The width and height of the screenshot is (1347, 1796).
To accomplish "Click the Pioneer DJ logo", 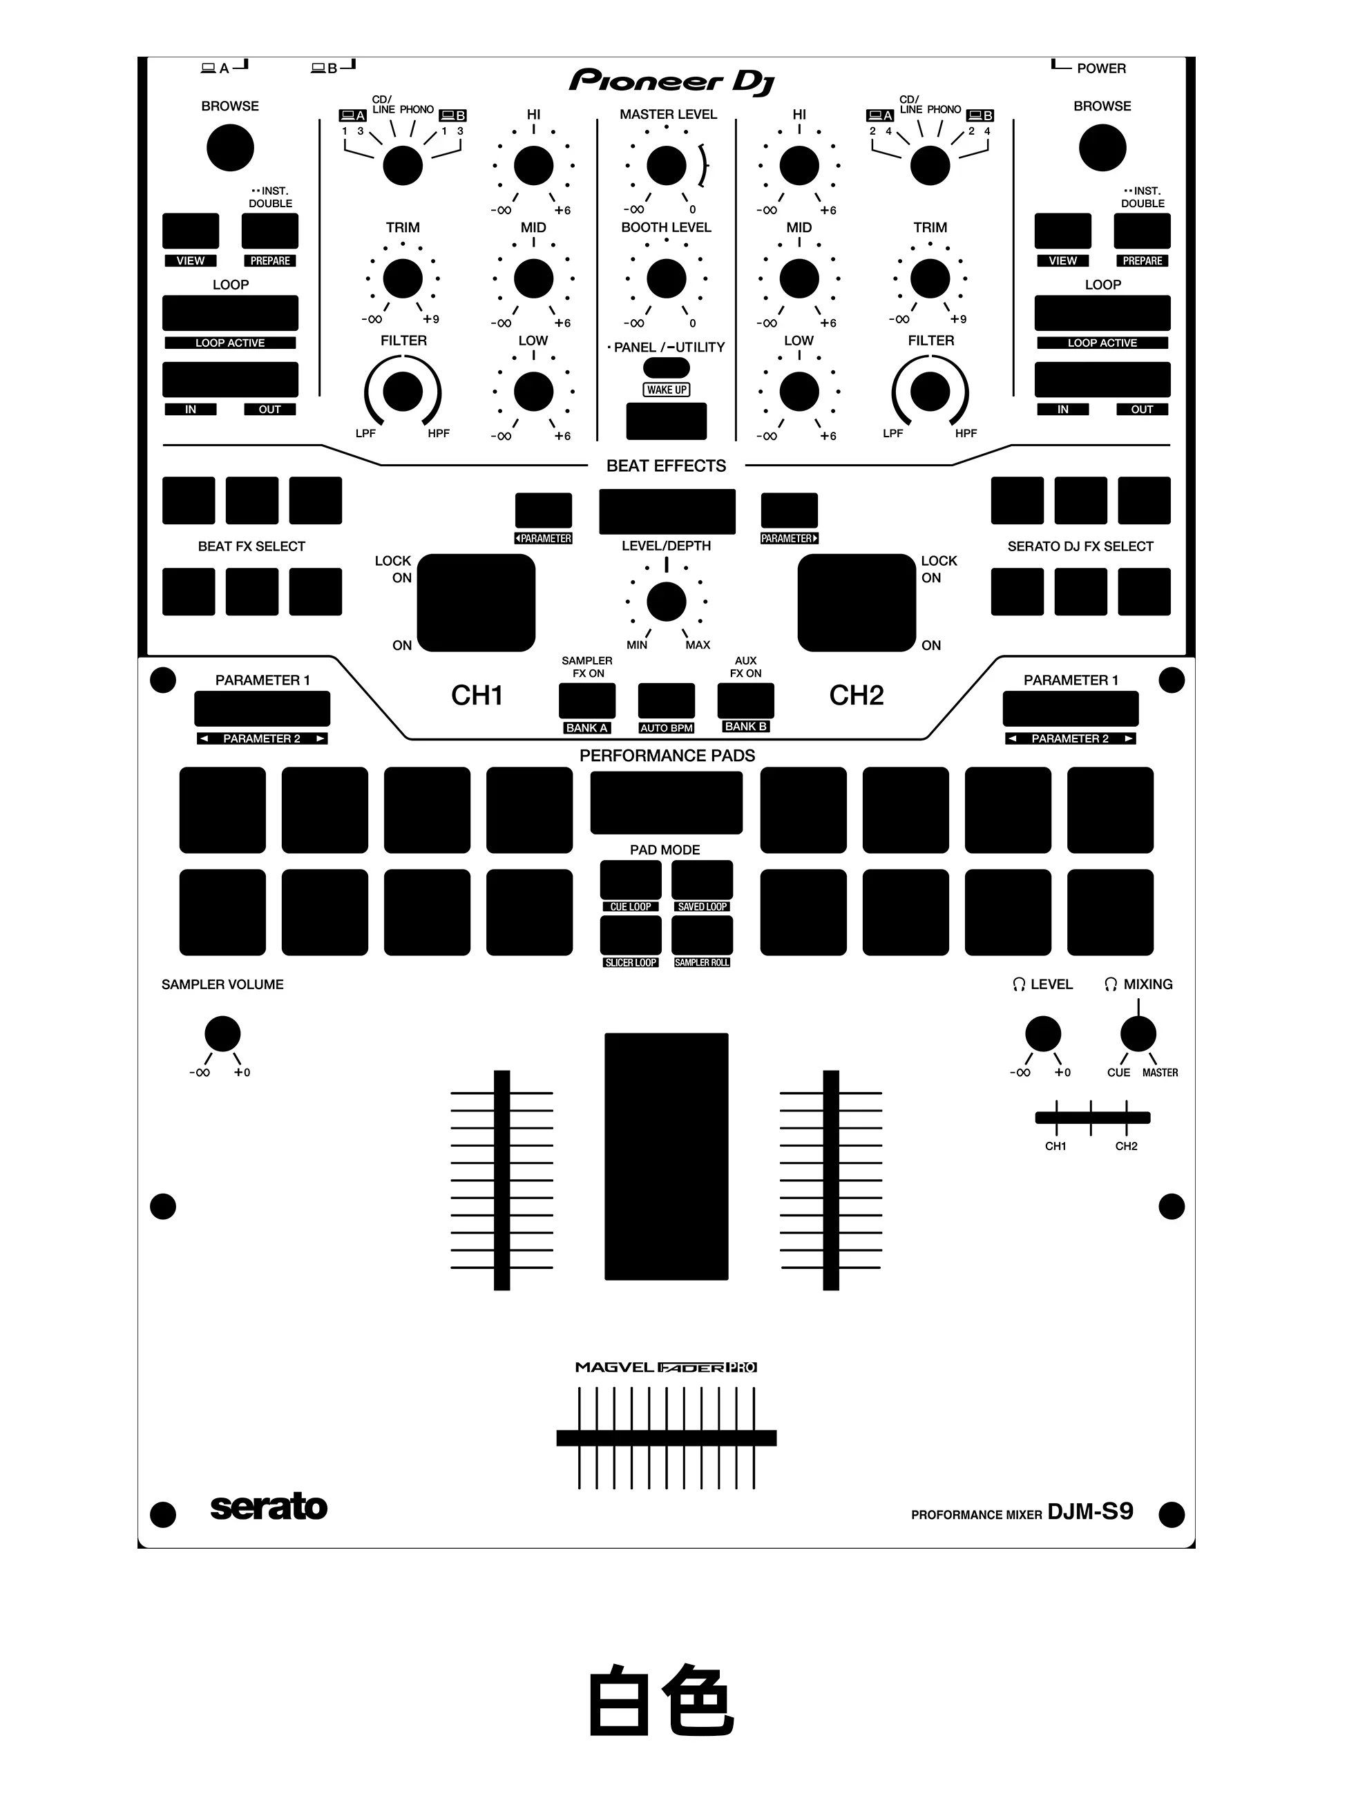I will [x=671, y=82].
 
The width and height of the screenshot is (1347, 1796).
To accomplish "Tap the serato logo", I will [x=269, y=1507].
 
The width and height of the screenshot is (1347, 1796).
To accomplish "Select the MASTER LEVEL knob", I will [x=667, y=166].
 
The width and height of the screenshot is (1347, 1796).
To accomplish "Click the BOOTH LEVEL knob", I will [x=667, y=278].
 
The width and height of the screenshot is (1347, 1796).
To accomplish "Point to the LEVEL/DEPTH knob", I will [x=667, y=602].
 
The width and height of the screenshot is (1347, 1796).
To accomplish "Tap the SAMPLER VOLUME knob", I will [x=222, y=1033].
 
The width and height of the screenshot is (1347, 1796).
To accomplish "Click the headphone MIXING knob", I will [x=1138, y=1033].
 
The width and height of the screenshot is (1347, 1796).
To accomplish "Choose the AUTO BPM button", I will [x=667, y=700].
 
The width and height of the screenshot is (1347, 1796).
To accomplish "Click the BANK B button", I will [x=745, y=700].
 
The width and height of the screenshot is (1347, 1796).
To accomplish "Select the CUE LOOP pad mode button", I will [x=631, y=879].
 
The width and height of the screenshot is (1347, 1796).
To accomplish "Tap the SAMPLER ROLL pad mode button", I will [x=703, y=935].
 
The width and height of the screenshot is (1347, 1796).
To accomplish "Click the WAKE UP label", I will [x=667, y=390].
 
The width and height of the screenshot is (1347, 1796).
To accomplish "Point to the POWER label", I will [x=1101, y=68].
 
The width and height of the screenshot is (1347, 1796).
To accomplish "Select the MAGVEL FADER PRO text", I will [x=666, y=1367].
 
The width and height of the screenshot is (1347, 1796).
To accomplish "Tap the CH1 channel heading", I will [x=477, y=696].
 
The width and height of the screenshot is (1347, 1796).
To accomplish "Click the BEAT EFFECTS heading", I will [x=666, y=466].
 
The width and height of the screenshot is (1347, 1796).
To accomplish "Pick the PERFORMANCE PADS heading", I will [x=667, y=756].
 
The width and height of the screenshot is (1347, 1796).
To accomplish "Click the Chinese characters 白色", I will [x=661, y=1700].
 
